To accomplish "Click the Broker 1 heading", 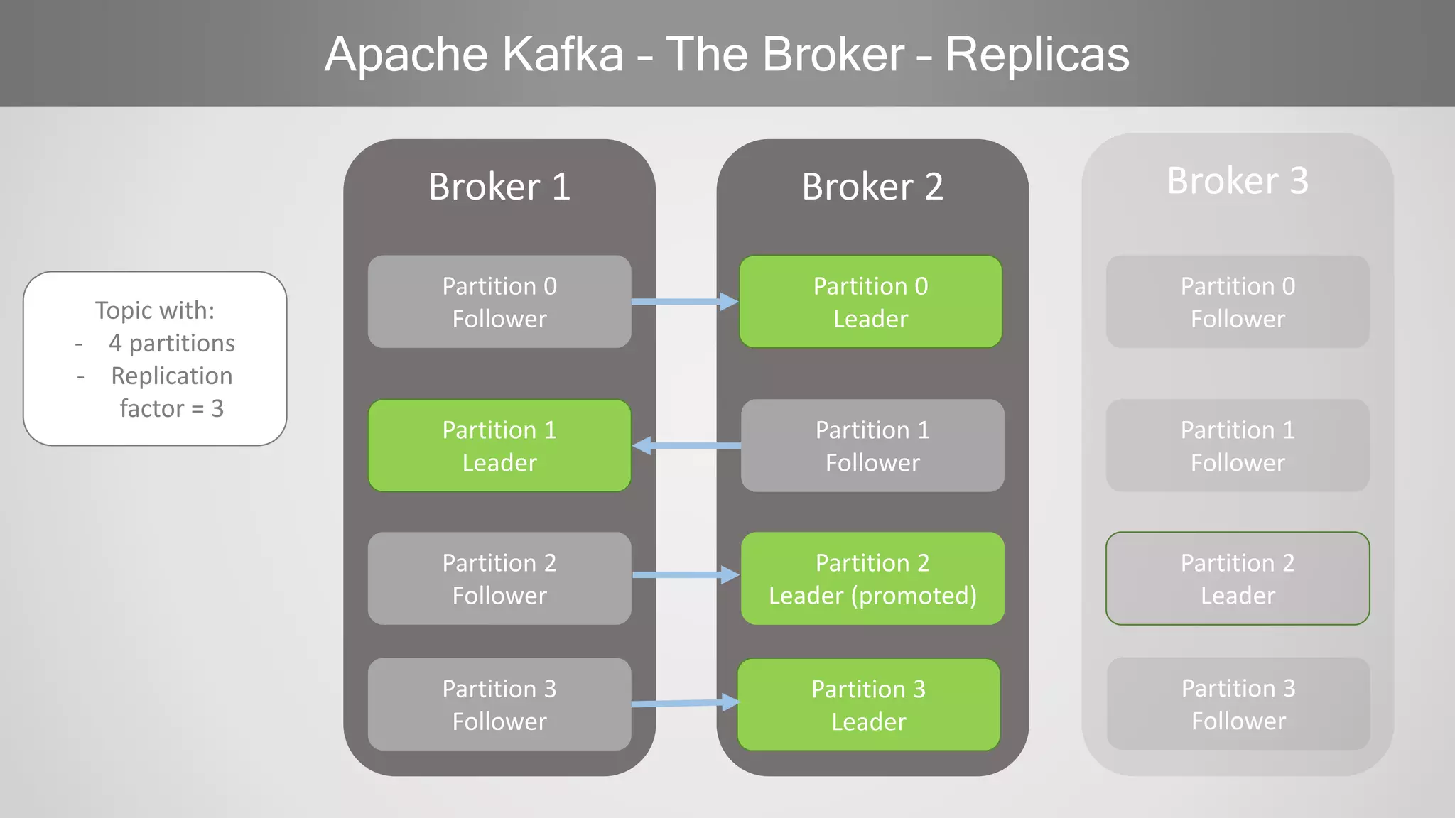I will [499, 187].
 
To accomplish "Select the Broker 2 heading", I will [872, 187].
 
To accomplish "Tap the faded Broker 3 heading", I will [1238, 180].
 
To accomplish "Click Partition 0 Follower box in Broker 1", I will [499, 302].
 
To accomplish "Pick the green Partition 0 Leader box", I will [870, 302].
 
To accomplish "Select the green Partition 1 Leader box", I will [499, 446].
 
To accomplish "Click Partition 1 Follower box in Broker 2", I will [872, 446].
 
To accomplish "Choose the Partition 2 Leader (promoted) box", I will [872, 579].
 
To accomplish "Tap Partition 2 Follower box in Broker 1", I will [499, 579].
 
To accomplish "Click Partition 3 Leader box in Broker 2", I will [868, 705].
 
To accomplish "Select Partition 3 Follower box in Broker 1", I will [499, 704].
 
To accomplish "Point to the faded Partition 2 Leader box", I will [1238, 579].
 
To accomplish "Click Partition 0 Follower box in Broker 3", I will [1238, 302].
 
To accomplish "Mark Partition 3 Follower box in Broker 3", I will [1238, 704].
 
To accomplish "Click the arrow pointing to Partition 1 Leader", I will [686, 446].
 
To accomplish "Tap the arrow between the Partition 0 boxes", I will [684, 302].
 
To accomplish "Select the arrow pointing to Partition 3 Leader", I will [684, 704].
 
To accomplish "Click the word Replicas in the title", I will [1037, 55].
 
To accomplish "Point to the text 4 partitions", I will [171, 343].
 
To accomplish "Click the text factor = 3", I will [171, 408].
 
